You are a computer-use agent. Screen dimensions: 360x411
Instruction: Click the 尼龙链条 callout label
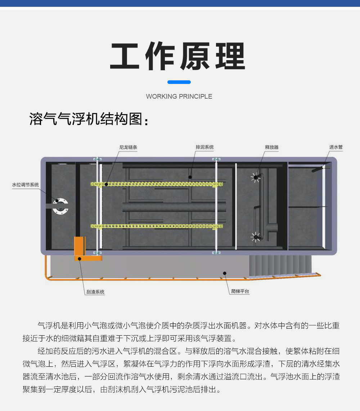[x=128, y=147]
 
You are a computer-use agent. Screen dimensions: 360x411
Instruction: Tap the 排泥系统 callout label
[x=204, y=147]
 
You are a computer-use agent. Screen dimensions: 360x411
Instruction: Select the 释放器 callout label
[x=272, y=147]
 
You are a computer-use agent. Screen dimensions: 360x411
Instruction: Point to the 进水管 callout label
[x=336, y=147]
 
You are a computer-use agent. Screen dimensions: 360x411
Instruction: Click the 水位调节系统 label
[x=26, y=185]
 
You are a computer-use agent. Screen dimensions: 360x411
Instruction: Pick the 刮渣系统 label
[x=95, y=292]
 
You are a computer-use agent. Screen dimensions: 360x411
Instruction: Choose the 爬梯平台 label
[x=240, y=291]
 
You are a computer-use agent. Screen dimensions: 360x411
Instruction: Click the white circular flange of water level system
[x=61, y=206]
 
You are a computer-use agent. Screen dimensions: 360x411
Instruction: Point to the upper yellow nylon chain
[x=157, y=184]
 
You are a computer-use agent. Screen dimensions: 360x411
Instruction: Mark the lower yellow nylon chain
[x=157, y=226]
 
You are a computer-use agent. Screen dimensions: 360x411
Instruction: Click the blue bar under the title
[x=179, y=82]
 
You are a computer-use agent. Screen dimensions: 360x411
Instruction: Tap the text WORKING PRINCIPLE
[x=179, y=97]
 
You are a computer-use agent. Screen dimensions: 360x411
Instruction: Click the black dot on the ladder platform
[x=225, y=273]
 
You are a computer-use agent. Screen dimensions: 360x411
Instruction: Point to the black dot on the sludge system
[x=190, y=177]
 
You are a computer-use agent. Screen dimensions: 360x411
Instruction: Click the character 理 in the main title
[x=230, y=56]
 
